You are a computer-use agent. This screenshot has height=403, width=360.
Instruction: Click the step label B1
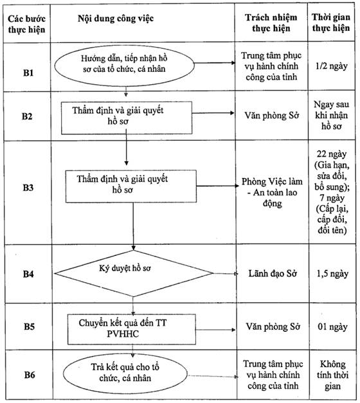(x=28, y=73)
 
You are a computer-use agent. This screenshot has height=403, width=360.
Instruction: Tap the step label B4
(x=28, y=274)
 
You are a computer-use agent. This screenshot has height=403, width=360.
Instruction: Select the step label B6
(x=30, y=375)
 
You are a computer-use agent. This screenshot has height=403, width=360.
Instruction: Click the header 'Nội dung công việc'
(x=116, y=19)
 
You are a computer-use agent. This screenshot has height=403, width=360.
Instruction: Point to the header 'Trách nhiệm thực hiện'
(x=271, y=22)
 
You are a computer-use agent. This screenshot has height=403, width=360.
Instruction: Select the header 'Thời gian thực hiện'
(x=331, y=22)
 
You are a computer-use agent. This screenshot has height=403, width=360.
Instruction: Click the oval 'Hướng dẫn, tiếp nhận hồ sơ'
(x=124, y=66)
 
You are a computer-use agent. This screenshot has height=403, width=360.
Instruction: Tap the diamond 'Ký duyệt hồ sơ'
(x=134, y=273)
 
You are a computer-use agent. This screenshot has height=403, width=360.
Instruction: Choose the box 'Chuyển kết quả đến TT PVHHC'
(x=132, y=329)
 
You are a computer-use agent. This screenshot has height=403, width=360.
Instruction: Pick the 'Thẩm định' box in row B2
(x=127, y=118)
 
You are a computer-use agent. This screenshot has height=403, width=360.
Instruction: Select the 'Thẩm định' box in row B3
(x=131, y=186)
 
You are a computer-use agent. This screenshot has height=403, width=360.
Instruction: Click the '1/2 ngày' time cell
(x=332, y=66)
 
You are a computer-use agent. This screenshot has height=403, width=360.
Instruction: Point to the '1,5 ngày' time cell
(x=332, y=274)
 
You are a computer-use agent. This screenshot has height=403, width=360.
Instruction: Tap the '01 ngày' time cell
(x=332, y=327)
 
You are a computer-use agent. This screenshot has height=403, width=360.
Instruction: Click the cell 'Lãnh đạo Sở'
(x=273, y=273)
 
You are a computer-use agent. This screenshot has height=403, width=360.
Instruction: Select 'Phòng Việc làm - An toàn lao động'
(x=272, y=193)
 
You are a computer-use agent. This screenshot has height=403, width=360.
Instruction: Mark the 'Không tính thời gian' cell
(x=332, y=375)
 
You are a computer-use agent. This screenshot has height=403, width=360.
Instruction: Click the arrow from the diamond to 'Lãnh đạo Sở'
(x=225, y=274)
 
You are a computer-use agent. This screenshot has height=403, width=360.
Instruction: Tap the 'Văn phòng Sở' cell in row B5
(x=273, y=327)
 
